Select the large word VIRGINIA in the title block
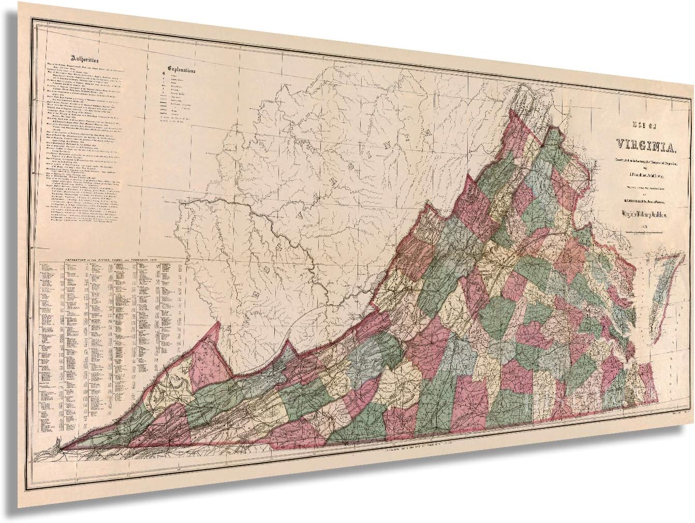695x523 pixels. [641, 143]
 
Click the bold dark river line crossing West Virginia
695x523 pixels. [259, 217]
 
